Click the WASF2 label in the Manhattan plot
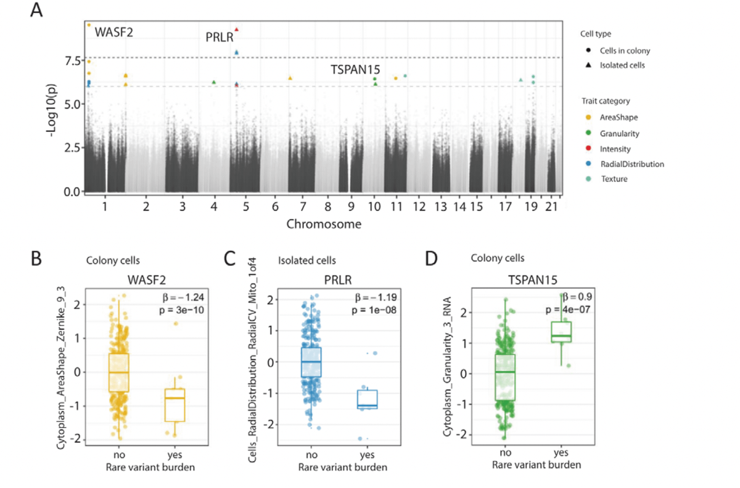pos(113,31)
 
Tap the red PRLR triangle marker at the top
pos(236,30)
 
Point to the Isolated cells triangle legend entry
pos(622,65)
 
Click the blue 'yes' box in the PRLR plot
pos(369,399)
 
